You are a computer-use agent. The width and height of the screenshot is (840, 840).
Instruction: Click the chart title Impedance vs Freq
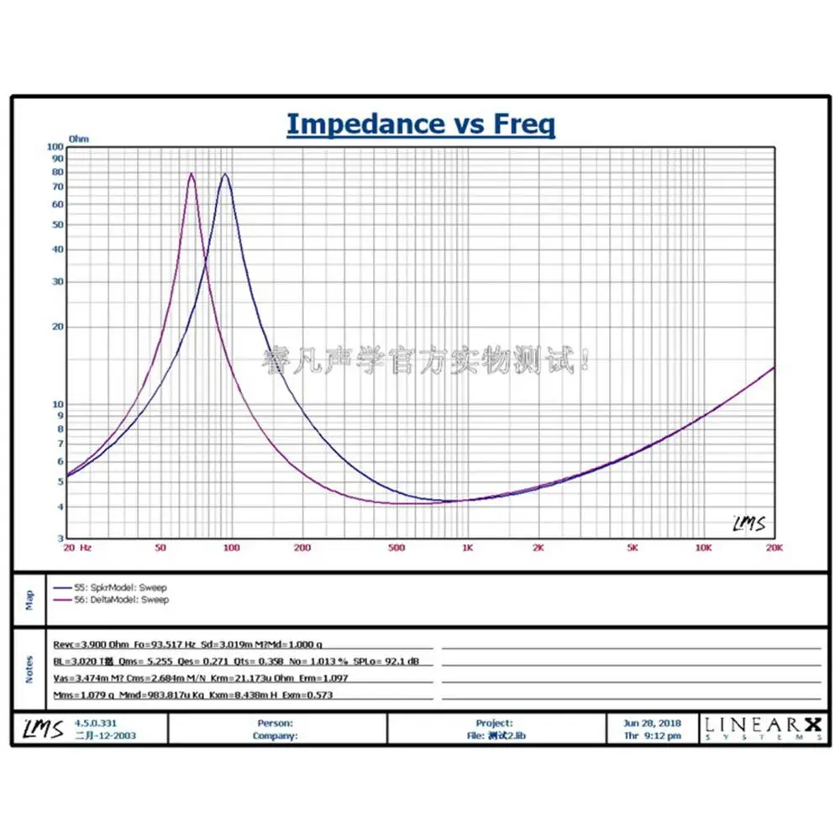tap(421, 123)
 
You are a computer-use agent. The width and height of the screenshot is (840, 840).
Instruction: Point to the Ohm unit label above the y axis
tap(79, 139)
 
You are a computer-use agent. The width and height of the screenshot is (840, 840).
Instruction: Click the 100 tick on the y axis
tap(56, 146)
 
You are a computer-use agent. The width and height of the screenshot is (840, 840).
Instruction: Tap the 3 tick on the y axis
tap(60, 538)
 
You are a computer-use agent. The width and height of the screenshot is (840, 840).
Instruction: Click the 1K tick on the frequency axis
tap(467, 548)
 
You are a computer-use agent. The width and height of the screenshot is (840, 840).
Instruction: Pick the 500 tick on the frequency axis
tap(396, 548)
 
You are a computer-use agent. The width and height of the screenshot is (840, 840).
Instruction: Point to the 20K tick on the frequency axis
tap(774, 548)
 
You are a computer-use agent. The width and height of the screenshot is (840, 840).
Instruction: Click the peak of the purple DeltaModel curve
tap(192, 174)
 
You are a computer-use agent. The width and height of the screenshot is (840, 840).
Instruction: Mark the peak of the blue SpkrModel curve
tap(224, 174)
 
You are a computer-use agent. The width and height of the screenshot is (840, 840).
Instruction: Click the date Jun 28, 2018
tap(653, 722)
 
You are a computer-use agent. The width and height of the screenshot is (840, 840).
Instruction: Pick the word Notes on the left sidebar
tap(29, 669)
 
